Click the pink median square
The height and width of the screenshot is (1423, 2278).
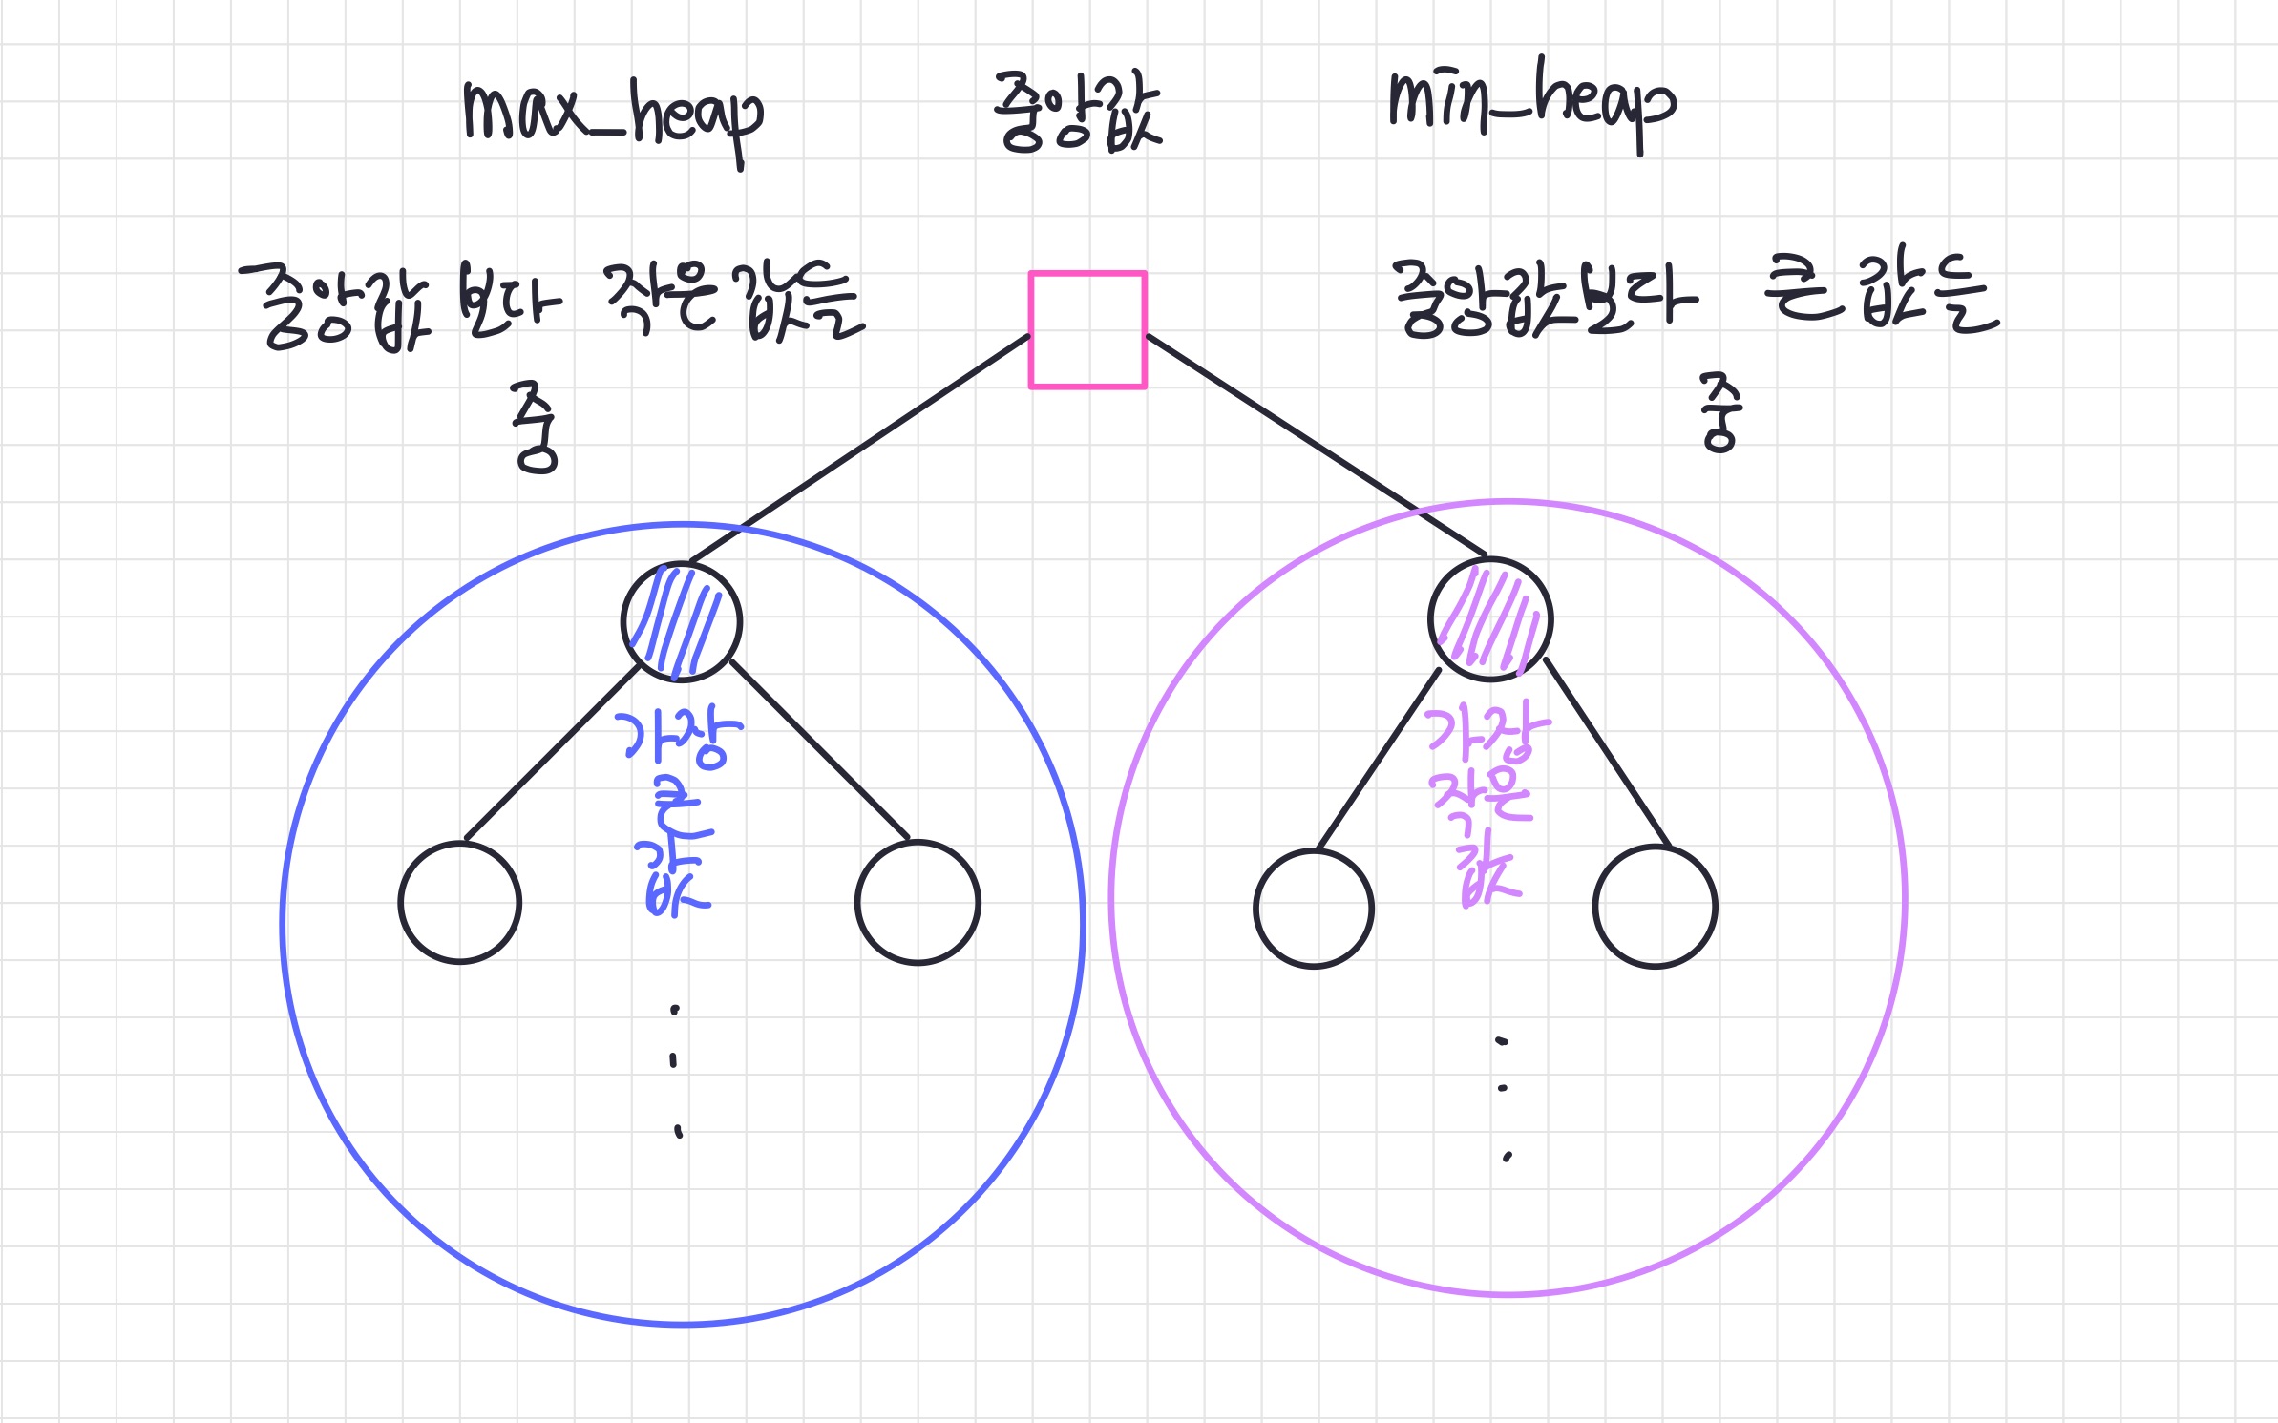[1086, 330]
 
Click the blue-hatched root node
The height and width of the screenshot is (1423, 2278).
[681, 621]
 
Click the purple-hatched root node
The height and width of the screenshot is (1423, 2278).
[1490, 618]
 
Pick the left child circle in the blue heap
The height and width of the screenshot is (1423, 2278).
[460, 902]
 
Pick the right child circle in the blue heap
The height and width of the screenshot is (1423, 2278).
[918, 902]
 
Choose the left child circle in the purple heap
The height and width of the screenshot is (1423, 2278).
[1314, 909]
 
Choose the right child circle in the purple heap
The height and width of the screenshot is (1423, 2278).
[1655, 907]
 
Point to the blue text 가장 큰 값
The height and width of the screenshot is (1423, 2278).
[676, 811]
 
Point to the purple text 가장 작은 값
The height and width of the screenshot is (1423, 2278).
[1486, 802]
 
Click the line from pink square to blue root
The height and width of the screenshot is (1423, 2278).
[859, 448]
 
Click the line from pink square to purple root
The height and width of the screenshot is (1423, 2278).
[1318, 446]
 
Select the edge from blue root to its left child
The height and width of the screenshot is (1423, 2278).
[552, 754]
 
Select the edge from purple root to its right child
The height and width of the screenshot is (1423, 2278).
[1607, 752]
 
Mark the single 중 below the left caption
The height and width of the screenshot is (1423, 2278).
[535, 427]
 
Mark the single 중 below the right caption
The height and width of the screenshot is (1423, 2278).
[1720, 412]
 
